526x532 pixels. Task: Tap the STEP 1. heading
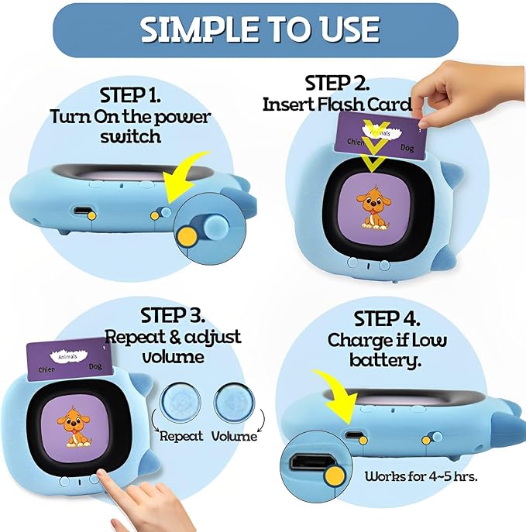pyautogui.click(x=131, y=95)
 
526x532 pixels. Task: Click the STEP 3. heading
pyautogui.click(x=173, y=316)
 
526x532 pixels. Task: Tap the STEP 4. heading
pyautogui.click(x=387, y=318)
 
